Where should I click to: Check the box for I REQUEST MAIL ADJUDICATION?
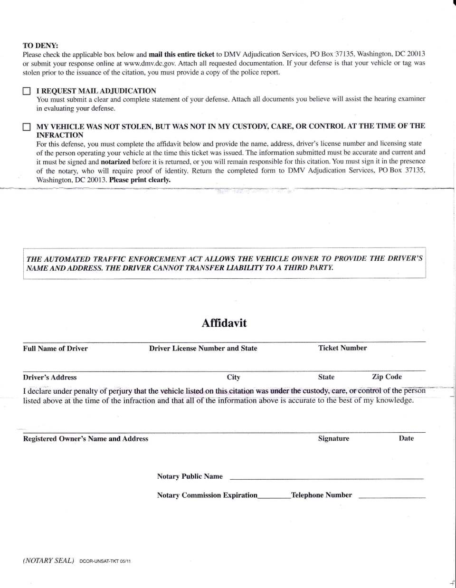coord(27,91)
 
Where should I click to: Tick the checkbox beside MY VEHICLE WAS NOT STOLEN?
coord(27,127)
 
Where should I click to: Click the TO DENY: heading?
coord(40,46)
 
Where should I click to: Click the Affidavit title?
coord(224,323)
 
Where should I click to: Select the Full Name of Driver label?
coord(55,349)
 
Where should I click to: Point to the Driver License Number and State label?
coord(203,348)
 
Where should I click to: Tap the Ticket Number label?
coord(342,348)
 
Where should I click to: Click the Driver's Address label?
coord(50,378)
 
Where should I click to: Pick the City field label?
coord(233,378)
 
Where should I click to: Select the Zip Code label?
coord(387,377)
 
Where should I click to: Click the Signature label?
coord(333,438)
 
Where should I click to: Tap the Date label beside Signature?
coord(406,438)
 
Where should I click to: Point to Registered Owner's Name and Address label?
coord(85,439)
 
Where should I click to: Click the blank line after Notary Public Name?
coord(326,477)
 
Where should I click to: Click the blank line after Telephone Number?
coord(392,496)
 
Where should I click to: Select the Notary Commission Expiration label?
coord(207,495)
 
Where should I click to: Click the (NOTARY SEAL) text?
coord(48,560)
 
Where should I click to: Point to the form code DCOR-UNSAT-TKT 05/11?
coord(105,561)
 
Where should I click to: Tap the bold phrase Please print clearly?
coord(140,180)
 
